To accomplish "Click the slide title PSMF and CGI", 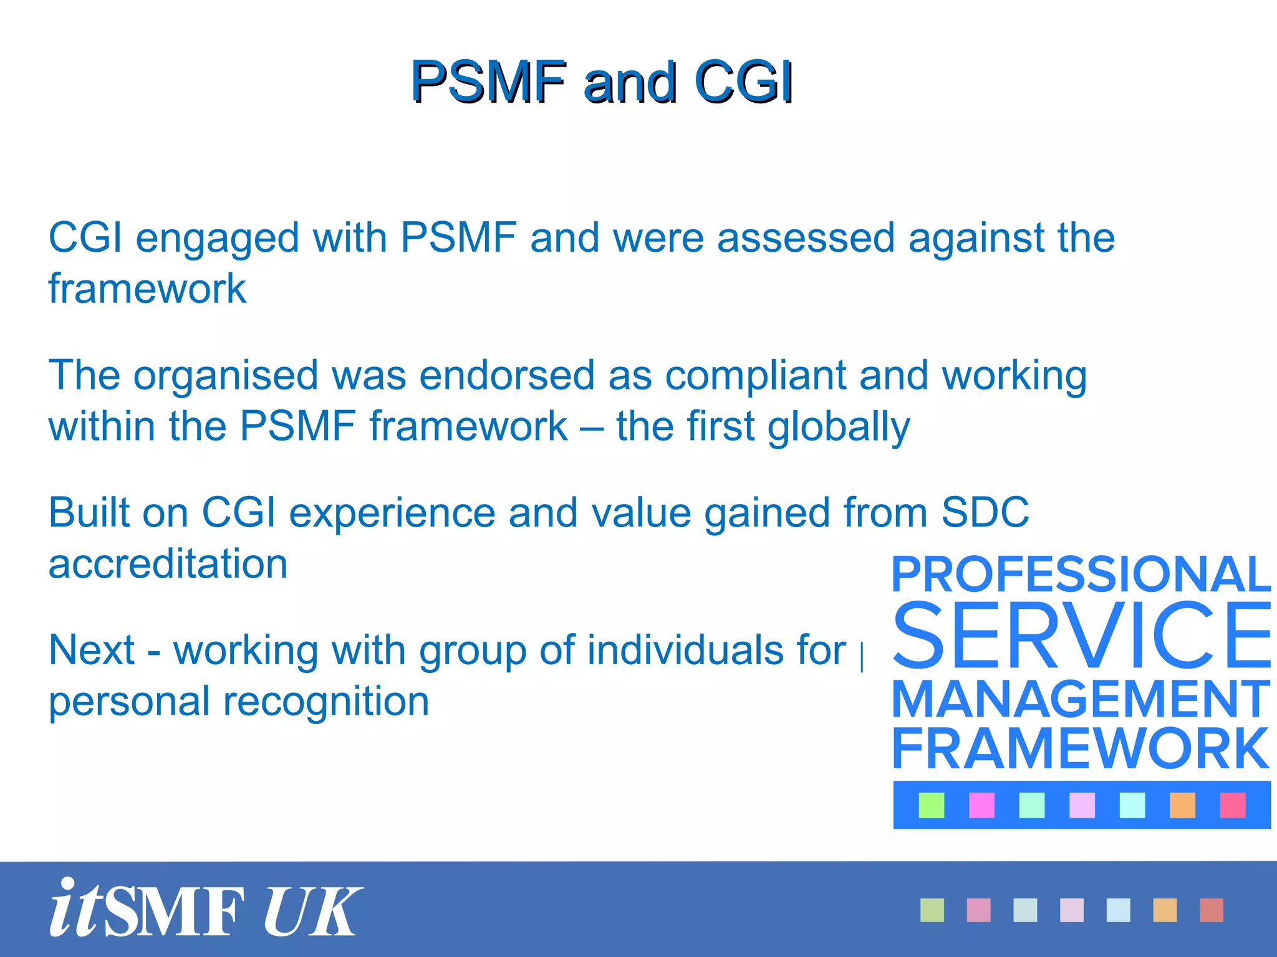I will (x=602, y=82).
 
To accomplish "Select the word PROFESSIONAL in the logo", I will (x=1081, y=574).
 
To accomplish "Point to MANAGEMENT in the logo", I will (x=1081, y=700).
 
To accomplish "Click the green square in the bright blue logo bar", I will (x=932, y=805).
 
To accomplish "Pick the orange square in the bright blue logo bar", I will (x=1182, y=805).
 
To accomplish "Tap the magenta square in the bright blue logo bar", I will (x=981, y=805).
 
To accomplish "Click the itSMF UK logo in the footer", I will (x=206, y=908).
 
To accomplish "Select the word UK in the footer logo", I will (x=312, y=911).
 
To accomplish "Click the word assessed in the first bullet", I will (x=806, y=238).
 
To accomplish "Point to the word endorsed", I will (x=507, y=376).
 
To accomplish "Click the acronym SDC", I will (x=985, y=513).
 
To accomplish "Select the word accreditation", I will (x=168, y=564).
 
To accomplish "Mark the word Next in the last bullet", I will (x=91, y=650).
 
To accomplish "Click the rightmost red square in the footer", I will (x=1212, y=910).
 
